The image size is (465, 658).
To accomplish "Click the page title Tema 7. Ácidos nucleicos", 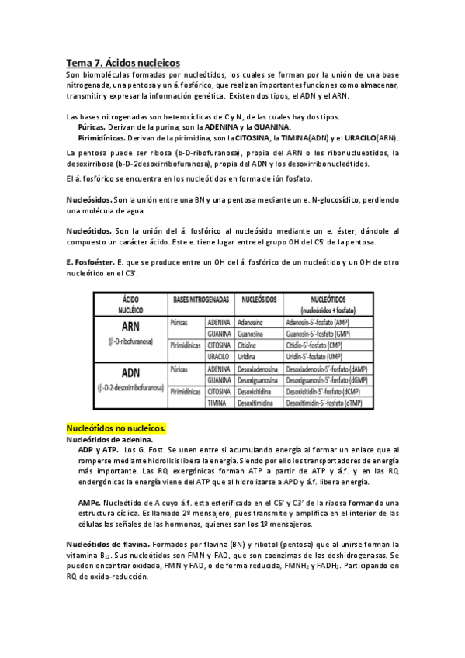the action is (123, 61).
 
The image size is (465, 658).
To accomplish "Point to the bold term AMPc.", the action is (92, 480).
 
